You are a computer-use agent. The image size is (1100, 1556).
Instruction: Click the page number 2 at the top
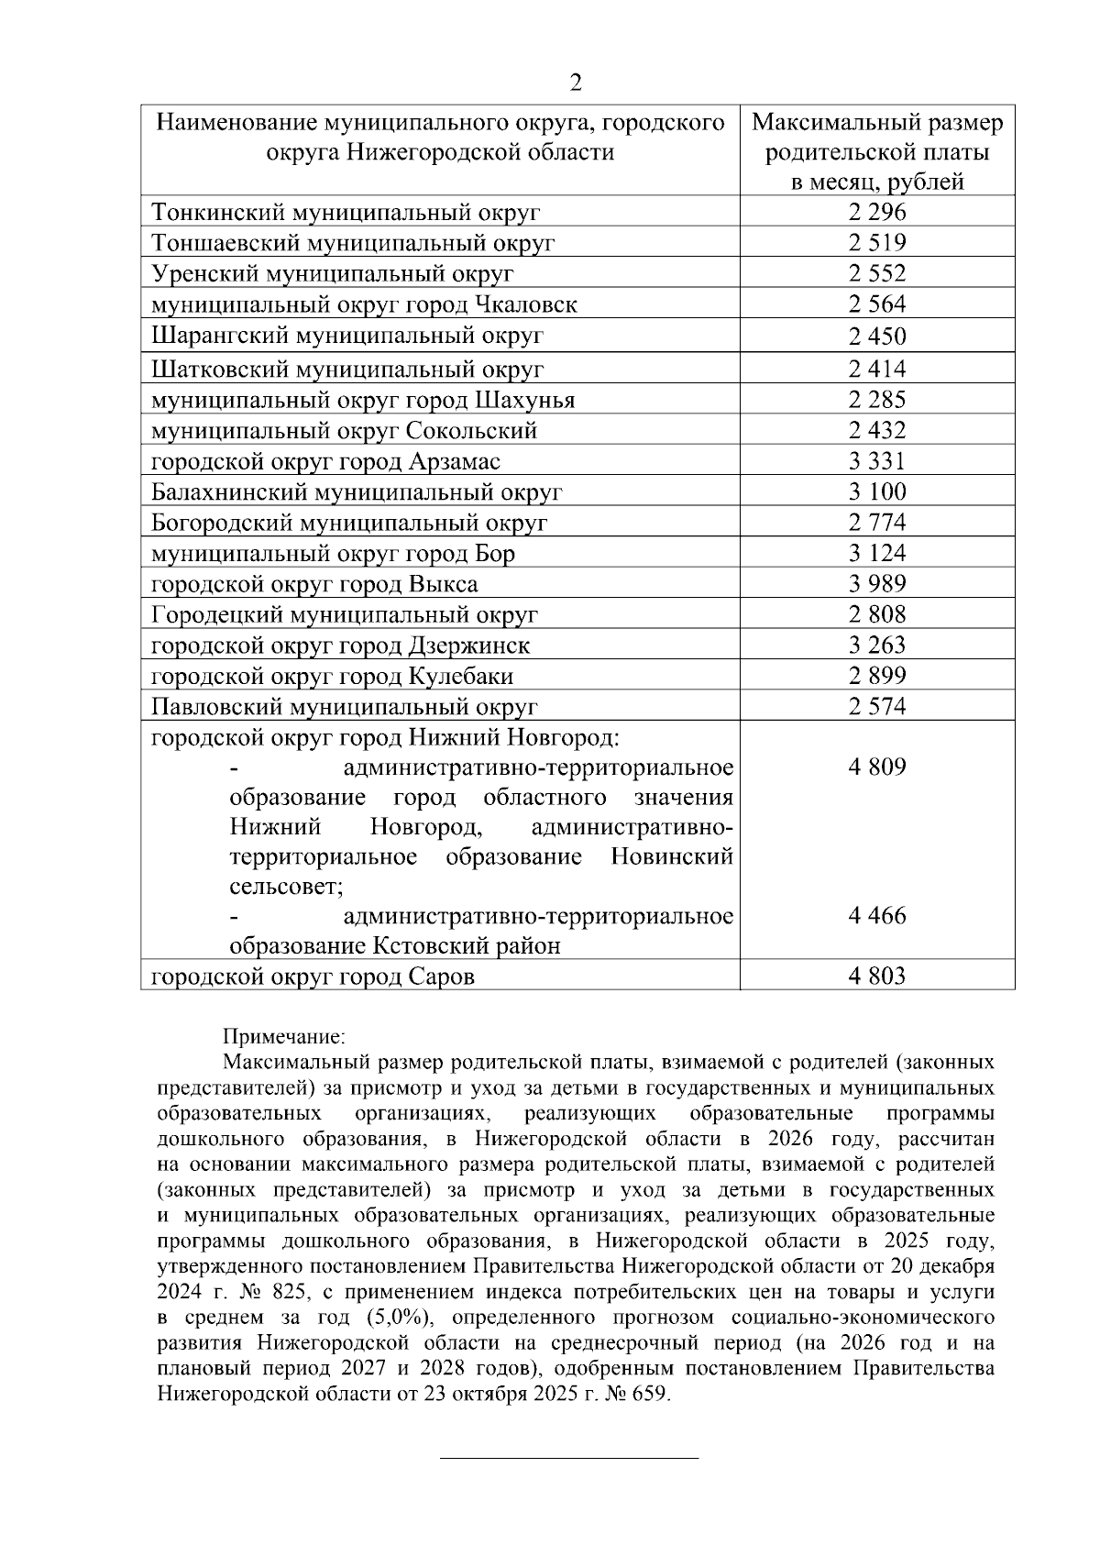(576, 83)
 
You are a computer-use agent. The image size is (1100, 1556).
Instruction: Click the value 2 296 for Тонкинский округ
(876, 213)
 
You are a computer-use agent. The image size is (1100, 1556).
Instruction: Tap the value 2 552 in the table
(876, 274)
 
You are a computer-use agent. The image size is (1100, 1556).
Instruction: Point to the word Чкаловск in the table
(526, 305)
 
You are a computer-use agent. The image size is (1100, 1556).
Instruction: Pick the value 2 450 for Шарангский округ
(876, 337)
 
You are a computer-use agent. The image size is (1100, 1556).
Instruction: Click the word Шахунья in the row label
(525, 401)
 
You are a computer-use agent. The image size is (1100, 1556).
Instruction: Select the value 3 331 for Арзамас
(876, 461)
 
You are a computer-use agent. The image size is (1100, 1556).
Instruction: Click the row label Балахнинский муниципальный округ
(357, 492)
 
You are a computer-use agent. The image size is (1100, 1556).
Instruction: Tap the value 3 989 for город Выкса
(876, 584)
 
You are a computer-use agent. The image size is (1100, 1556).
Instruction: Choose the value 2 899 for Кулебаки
(876, 677)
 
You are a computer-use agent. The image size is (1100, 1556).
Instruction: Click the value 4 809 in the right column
(876, 767)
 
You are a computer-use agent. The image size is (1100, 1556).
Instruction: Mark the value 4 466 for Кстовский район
(876, 915)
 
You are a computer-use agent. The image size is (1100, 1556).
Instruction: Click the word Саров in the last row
(441, 977)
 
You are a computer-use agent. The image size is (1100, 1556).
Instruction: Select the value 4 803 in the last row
(876, 977)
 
